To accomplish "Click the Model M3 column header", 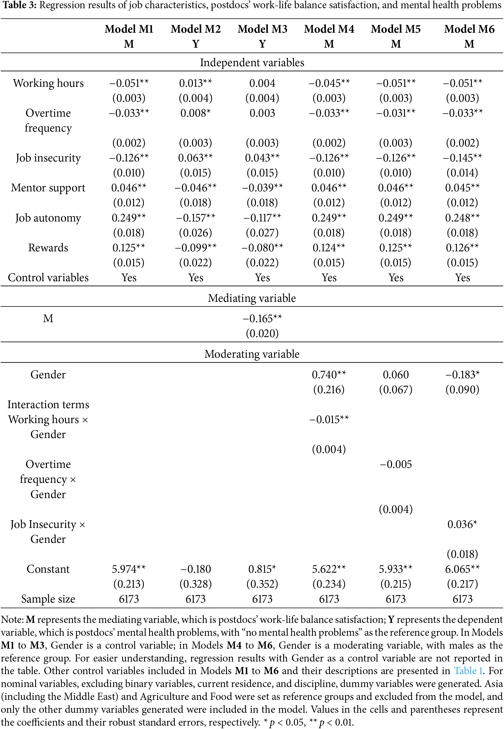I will (262, 29).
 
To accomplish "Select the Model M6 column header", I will (469, 29).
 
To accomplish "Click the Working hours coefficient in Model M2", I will (196, 83).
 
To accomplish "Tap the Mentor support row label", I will (48, 188).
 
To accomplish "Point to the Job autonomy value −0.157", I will (196, 218).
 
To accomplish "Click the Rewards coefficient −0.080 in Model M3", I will (262, 248).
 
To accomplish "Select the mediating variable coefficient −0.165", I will (262, 319).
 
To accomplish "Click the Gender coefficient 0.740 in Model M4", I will (329, 375).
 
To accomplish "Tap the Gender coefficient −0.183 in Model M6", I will (462, 375).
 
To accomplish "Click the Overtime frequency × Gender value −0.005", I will (396, 465).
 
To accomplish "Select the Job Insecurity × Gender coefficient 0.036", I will (462, 525).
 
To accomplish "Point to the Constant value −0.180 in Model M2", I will (196, 569).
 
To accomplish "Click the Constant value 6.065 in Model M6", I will (462, 569).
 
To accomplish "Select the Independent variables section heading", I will (252, 63).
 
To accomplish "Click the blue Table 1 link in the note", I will (468, 671).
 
